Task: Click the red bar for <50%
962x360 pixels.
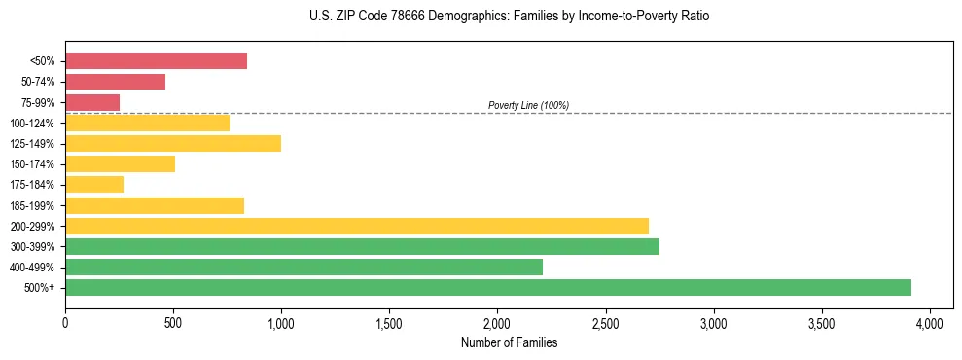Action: pos(156,61)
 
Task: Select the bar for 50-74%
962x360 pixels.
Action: pos(115,82)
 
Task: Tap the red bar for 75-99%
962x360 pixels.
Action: pos(92,102)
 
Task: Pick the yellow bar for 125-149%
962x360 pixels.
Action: pos(173,143)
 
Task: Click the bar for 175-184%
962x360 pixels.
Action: pos(94,185)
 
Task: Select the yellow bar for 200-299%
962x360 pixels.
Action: pos(357,226)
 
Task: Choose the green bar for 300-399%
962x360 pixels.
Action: pos(362,246)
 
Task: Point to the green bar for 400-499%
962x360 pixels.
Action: pos(303,267)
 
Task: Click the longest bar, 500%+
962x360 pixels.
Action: pos(488,287)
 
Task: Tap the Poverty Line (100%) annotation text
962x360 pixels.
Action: pos(528,105)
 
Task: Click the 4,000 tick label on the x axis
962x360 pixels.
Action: pos(930,322)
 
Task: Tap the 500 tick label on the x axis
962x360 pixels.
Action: pos(173,322)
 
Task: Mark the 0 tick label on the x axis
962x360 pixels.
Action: pos(65,322)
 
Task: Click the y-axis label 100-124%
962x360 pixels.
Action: pos(32,124)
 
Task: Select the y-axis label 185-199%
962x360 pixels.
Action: pos(32,205)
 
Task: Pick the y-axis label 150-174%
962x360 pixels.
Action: pos(32,164)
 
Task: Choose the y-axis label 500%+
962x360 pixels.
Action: pos(40,288)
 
